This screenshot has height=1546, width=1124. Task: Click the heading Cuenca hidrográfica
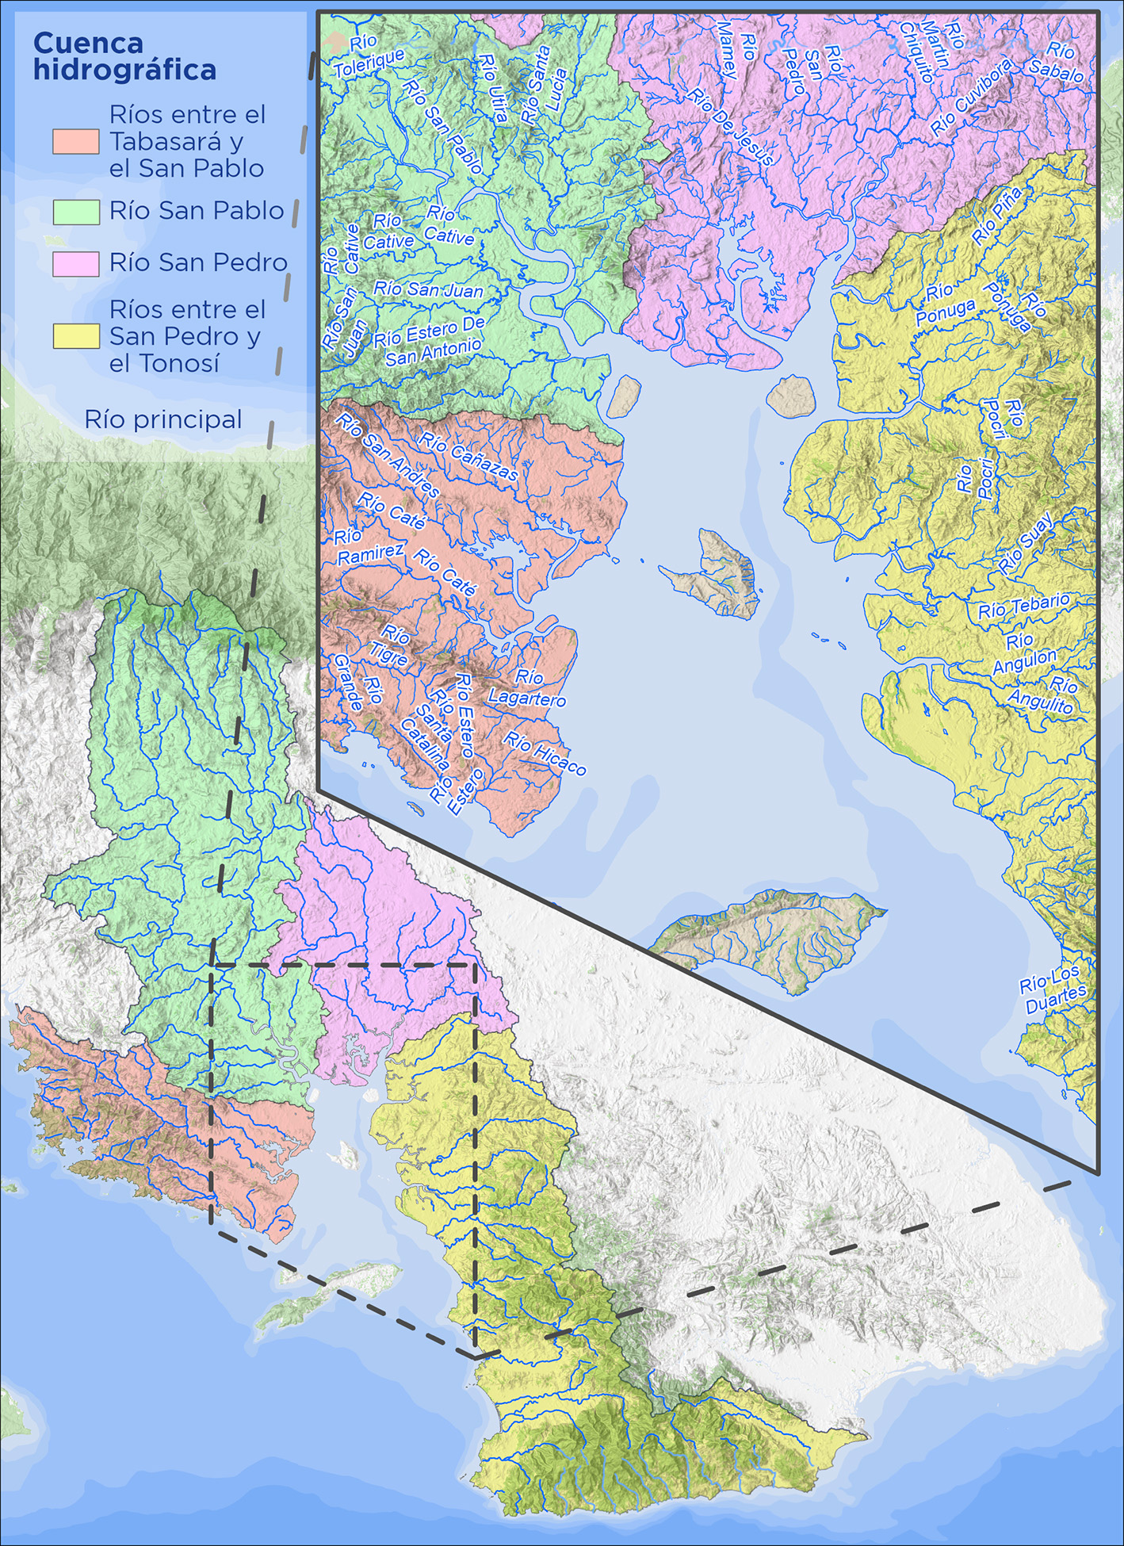coord(124,56)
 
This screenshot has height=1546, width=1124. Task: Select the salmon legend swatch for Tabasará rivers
coord(75,142)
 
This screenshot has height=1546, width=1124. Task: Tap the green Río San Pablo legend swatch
coord(75,212)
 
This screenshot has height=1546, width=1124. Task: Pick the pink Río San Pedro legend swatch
coord(75,264)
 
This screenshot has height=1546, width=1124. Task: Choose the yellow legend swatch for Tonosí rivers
coord(75,337)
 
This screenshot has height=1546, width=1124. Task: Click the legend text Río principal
coord(163,420)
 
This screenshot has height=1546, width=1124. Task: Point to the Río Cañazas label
coord(468,457)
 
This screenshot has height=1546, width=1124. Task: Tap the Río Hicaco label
coord(545,753)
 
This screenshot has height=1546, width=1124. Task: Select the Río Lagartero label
coord(527,688)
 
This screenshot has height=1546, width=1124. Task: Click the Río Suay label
coord(1027,543)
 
